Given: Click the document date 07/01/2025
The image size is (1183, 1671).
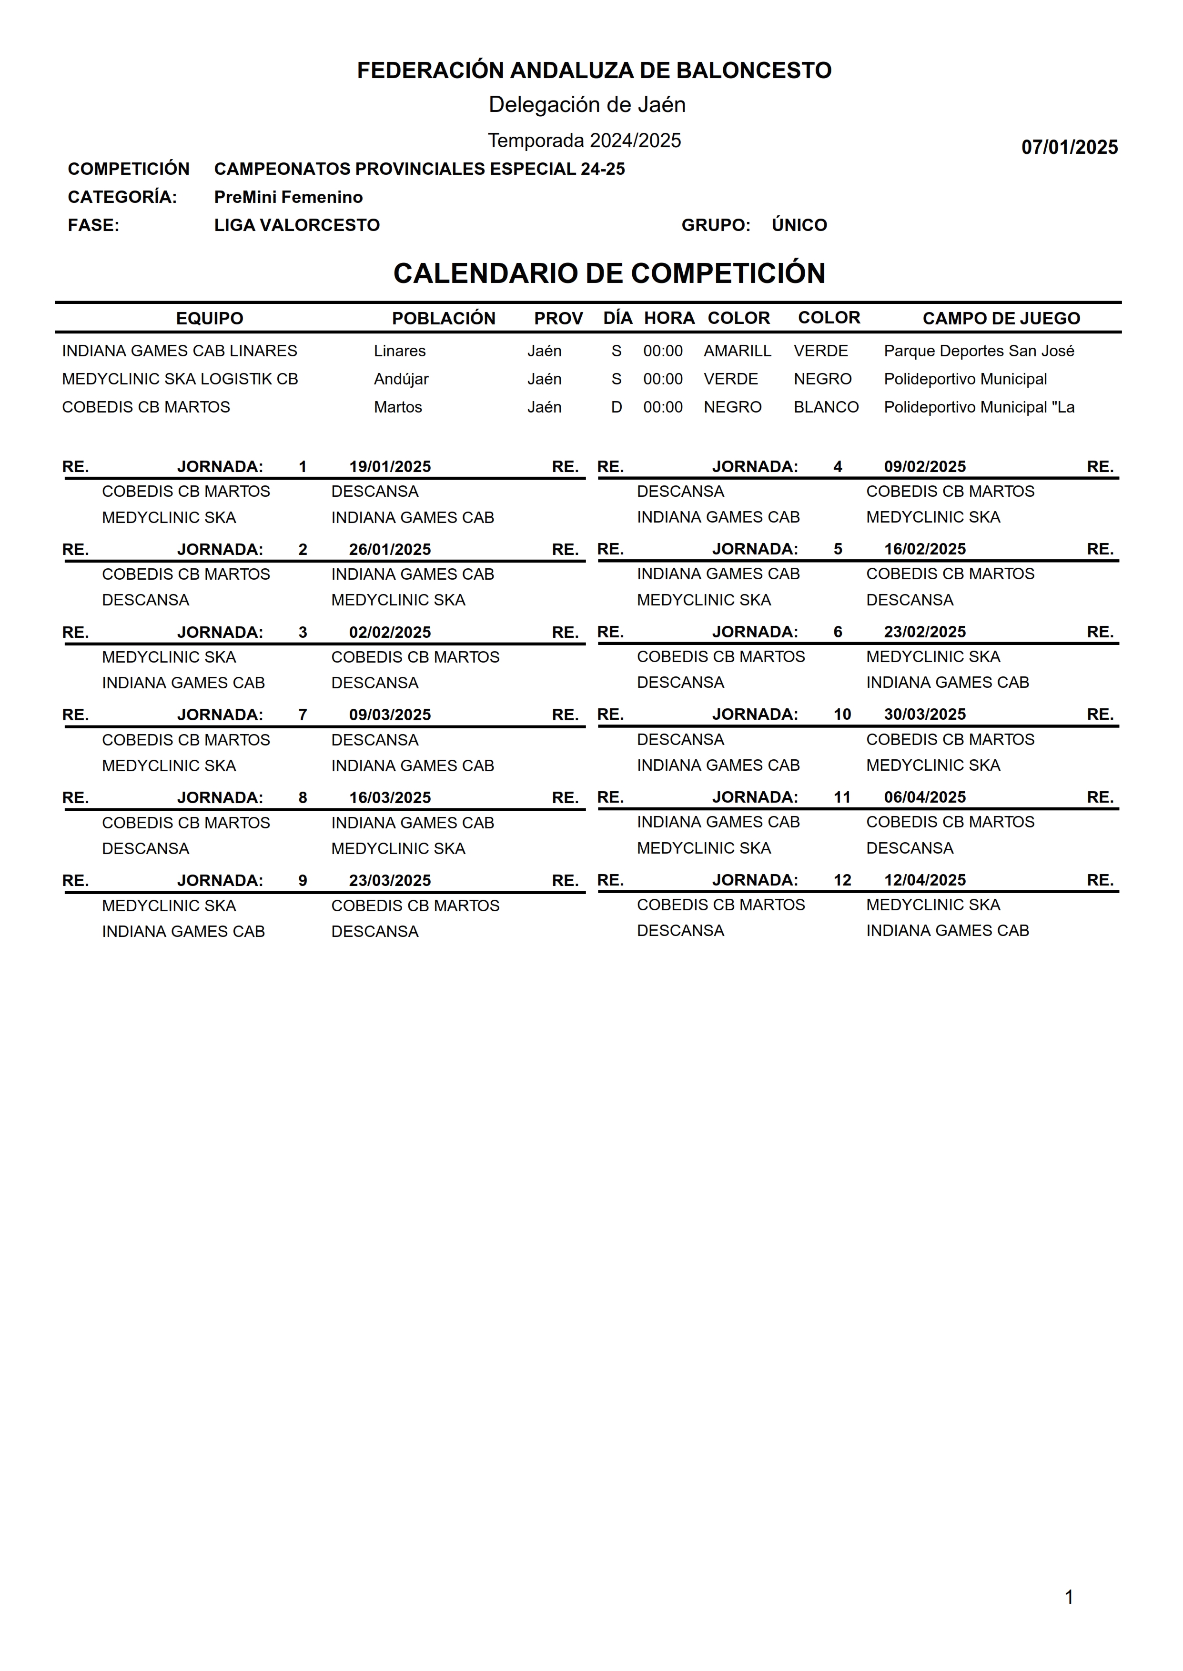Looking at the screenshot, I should pos(1069,147).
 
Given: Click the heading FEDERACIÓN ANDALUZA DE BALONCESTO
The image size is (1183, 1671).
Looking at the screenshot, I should pos(594,70).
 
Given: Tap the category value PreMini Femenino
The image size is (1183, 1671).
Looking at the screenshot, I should pos(288,197).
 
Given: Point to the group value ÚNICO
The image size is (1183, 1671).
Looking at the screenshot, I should pos(799,225).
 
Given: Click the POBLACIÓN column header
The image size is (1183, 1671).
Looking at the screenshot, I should pos(443,318).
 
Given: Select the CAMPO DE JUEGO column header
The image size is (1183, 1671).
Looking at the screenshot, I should pos(1001,318).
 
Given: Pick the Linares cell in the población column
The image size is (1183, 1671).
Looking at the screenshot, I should pos(399,351).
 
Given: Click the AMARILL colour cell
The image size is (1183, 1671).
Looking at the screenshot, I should pos(737,351).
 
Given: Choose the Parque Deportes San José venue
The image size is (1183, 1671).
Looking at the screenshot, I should pos(978,351).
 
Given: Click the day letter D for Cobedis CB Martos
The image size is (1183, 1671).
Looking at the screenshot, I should pos(616,407).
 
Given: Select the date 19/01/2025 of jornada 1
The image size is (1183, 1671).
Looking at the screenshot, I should pos(390,467).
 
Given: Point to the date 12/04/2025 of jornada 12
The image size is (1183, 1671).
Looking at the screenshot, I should pos(924,880).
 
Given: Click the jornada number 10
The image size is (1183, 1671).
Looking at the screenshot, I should pos(842,714).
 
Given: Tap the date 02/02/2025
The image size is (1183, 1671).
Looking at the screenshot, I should pos(390,632).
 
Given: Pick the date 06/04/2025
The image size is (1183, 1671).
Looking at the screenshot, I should pos(924,797).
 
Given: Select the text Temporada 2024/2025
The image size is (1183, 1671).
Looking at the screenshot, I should pos(584,141).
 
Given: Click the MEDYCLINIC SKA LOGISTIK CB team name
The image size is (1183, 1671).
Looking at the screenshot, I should pos(180,379).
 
